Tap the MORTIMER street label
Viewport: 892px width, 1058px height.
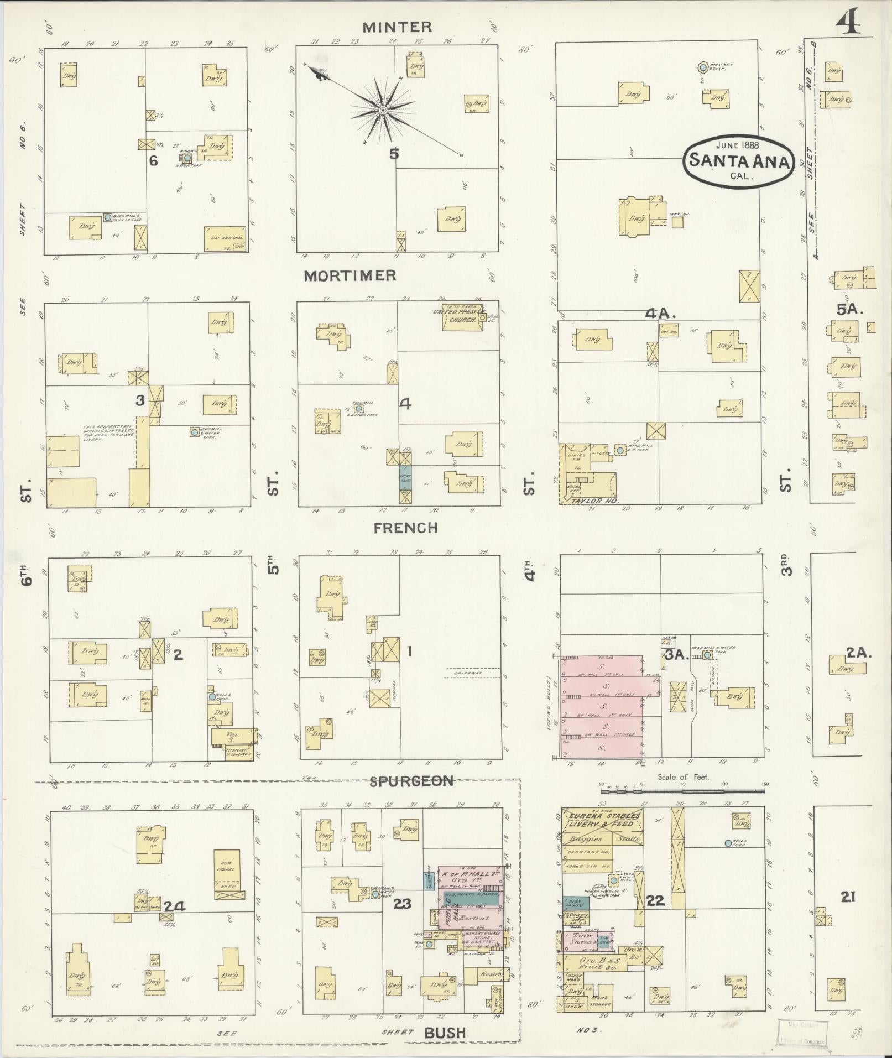350,276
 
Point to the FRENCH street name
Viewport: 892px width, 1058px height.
406,528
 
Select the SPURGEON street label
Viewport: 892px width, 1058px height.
411,781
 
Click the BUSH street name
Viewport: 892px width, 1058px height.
445,1032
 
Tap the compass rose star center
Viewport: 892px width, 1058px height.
382,110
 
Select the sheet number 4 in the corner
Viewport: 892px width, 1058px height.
854,24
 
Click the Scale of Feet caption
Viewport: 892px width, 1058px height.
684,777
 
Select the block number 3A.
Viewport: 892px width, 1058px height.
675,656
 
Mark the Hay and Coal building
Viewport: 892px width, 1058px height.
225,239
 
